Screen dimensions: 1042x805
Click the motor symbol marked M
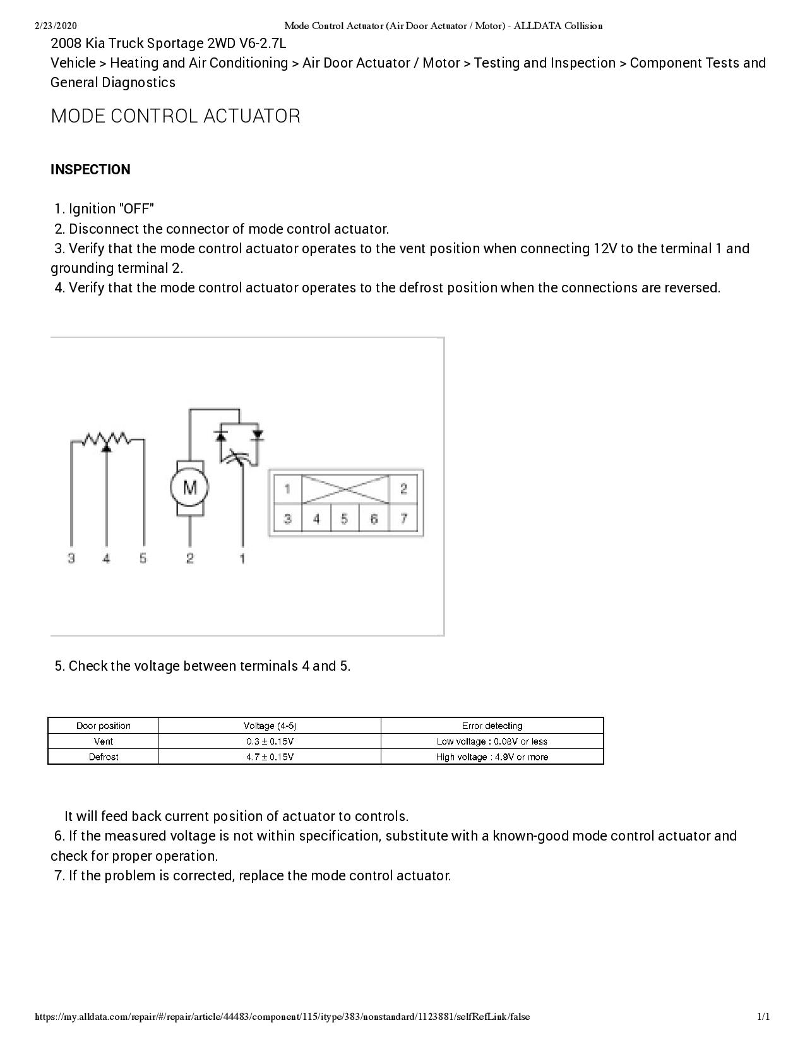[x=189, y=488]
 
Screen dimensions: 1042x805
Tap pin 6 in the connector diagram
[x=374, y=519]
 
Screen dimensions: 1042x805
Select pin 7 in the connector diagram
[x=403, y=519]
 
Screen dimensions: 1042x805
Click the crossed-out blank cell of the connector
[x=345, y=489]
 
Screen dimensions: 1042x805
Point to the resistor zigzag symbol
[x=107, y=438]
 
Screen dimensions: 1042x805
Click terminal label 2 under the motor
[x=189, y=558]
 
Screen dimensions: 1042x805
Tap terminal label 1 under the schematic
[x=242, y=558]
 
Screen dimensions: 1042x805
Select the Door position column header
[x=104, y=726]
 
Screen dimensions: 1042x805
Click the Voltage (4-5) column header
[x=270, y=726]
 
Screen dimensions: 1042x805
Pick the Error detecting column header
[x=492, y=726]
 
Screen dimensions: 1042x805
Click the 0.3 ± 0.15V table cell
[x=270, y=741]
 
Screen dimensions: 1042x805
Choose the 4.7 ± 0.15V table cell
[x=270, y=757]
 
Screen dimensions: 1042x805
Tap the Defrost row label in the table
[x=104, y=757]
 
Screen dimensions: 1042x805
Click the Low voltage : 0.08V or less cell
[x=492, y=741]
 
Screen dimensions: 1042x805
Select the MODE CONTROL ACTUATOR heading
[x=176, y=116]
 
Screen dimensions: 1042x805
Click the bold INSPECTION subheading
[x=90, y=169]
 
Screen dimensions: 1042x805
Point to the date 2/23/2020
[x=56, y=26]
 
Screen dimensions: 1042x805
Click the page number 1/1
[x=763, y=1017]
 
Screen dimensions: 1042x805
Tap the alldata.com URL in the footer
[x=282, y=1017]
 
